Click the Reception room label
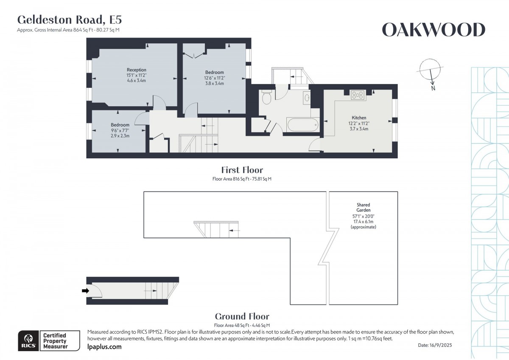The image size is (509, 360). [x=136, y=70]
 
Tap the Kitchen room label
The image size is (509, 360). [x=359, y=118]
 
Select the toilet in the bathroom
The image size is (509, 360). [x=266, y=97]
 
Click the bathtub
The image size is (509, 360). [x=303, y=125]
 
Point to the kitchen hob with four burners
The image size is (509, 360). [x=358, y=95]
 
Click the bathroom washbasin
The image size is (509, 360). [x=307, y=98]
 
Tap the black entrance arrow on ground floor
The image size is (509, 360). [x=85, y=291]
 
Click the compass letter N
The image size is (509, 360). [x=433, y=88]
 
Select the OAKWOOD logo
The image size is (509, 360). [x=433, y=30]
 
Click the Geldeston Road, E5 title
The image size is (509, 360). [x=70, y=20]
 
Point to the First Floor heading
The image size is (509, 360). [x=242, y=170]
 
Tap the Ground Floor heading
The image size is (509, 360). [x=242, y=316]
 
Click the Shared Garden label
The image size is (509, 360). [x=364, y=208]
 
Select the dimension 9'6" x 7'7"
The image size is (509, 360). [x=120, y=130]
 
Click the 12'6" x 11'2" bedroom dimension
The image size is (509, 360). [x=215, y=78]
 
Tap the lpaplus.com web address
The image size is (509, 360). [x=104, y=346]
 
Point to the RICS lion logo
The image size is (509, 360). [x=29, y=340]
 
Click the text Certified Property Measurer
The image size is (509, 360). [x=55, y=341]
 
